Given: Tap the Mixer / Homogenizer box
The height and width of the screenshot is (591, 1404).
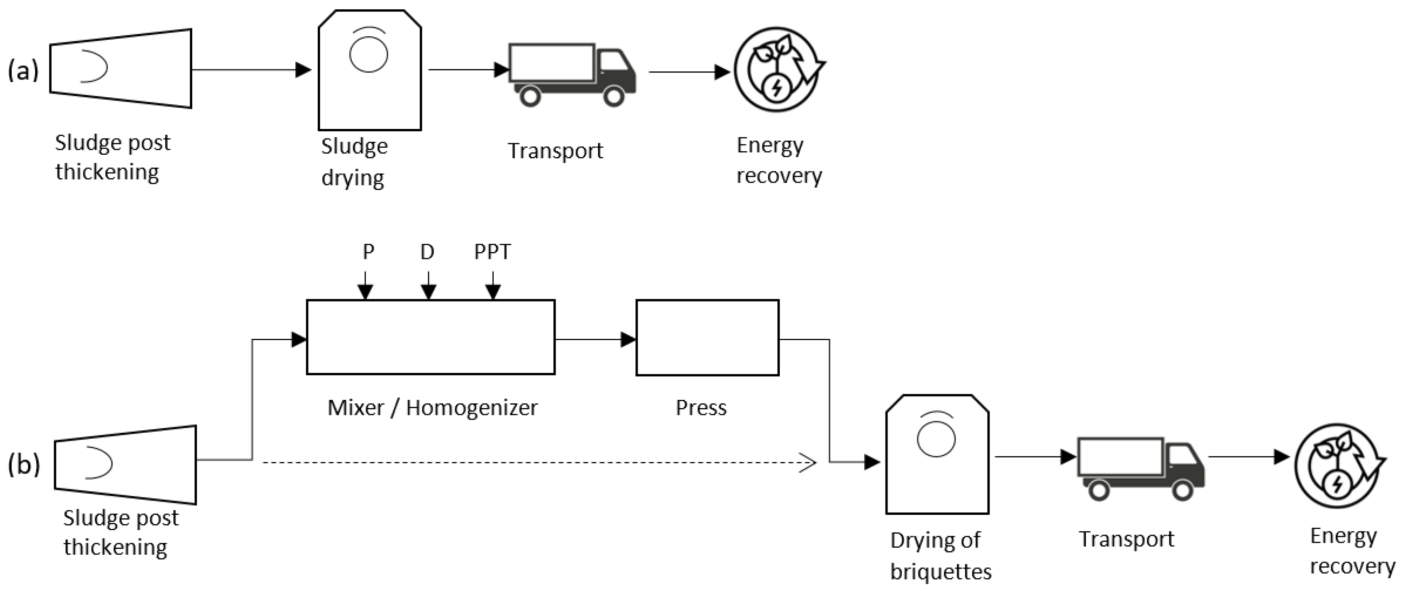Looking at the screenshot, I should pyautogui.click(x=430, y=337).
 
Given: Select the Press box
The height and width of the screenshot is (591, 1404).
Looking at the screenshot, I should pyautogui.click(x=707, y=337).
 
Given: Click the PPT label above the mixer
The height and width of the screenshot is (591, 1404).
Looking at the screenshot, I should pyautogui.click(x=492, y=252).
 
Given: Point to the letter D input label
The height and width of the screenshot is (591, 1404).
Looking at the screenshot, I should pyautogui.click(x=427, y=252).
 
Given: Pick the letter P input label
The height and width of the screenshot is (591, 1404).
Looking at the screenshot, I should pyautogui.click(x=368, y=252).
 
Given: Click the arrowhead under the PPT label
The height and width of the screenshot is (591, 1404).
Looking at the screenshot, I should pyautogui.click(x=493, y=292).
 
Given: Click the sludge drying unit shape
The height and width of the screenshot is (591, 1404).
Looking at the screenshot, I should pyautogui.click(x=369, y=71).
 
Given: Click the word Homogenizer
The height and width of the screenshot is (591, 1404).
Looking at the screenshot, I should pyautogui.click(x=471, y=408).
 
